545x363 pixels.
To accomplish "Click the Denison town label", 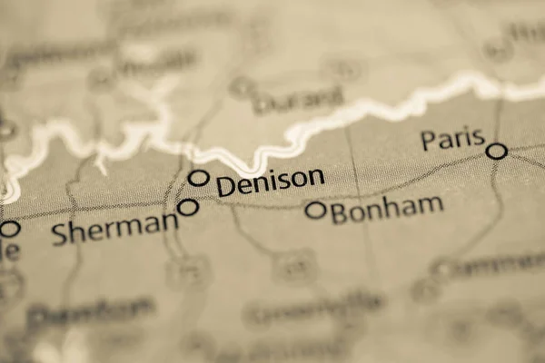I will pos(270,181).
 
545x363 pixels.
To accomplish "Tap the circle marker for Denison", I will pos(198,178).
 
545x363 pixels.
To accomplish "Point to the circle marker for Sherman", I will pos(188,207).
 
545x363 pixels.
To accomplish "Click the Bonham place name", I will pos(387,210).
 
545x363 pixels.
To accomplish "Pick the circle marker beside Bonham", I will pos(315,210).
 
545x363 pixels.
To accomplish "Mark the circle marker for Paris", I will pos(496,151).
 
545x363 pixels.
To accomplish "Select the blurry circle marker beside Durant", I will pos(242,88).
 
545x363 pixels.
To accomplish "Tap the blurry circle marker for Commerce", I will pos(442,269).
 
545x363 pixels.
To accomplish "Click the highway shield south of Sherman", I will pos(189,270).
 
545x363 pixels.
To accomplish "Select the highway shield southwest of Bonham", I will pos(293,265).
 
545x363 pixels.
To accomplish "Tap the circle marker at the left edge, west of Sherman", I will pos(9,229).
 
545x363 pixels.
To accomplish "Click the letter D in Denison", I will pos(226,186).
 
